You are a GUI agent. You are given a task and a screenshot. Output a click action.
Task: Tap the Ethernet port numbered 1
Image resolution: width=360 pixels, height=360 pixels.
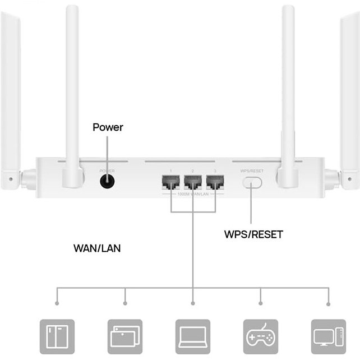(x=170, y=182)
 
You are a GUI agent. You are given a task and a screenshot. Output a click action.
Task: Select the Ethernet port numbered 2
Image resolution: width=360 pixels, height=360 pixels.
(x=192, y=182)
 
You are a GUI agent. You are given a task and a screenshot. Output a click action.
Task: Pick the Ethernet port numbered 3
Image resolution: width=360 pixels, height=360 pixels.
(x=215, y=182)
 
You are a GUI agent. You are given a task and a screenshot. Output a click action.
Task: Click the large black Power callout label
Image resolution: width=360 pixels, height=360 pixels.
(x=108, y=128)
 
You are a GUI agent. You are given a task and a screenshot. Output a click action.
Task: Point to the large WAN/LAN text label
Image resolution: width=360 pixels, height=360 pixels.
(x=96, y=248)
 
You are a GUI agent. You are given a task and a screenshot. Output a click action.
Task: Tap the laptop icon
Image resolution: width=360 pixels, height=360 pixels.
(x=192, y=336)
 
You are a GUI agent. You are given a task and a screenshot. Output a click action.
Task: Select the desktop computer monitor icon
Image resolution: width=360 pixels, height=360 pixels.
(x=328, y=336)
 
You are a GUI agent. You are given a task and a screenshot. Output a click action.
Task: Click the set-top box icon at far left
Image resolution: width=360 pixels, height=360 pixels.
(x=56, y=336)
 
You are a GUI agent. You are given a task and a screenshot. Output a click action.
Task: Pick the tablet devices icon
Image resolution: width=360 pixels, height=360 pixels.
(x=124, y=336)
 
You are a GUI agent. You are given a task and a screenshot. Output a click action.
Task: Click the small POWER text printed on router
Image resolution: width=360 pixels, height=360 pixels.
(x=107, y=170)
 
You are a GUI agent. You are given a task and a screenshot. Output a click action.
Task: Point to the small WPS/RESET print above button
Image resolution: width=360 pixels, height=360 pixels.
(x=252, y=170)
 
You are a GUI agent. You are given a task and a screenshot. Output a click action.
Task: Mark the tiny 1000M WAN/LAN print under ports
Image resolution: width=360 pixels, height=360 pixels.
(x=192, y=194)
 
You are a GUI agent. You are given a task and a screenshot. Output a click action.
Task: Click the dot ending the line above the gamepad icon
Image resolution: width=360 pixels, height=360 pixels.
(x=261, y=304)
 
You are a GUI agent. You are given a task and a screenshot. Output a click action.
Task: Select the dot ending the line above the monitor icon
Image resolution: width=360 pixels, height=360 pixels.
(x=329, y=304)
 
